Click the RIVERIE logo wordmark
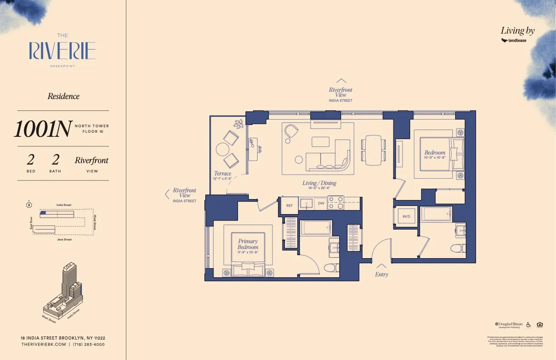pyautogui.click(x=63, y=50)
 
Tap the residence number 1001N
pyautogui.click(x=42, y=129)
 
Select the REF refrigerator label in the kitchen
pyautogui.click(x=289, y=205)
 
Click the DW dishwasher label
pyautogui.click(x=321, y=203)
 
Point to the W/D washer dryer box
pyautogui.click(x=406, y=216)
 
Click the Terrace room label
pyautogui.click(x=223, y=173)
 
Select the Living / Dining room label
pyautogui.click(x=319, y=183)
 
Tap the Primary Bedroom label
pyautogui.click(x=248, y=244)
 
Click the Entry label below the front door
pyautogui.click(x=382, y=275)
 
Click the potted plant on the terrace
pyautogui.click(x=238, y=124)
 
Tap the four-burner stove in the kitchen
pyautogui.click(x=336, y=203)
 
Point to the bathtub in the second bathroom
pyautogui.click(x=436, y=214)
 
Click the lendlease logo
pyautogui.click(x=514, y=40)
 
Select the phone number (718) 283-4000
pyautogui.click(x=89, y=345)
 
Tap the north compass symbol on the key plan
pyautogui.click(x=29, y=205)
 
